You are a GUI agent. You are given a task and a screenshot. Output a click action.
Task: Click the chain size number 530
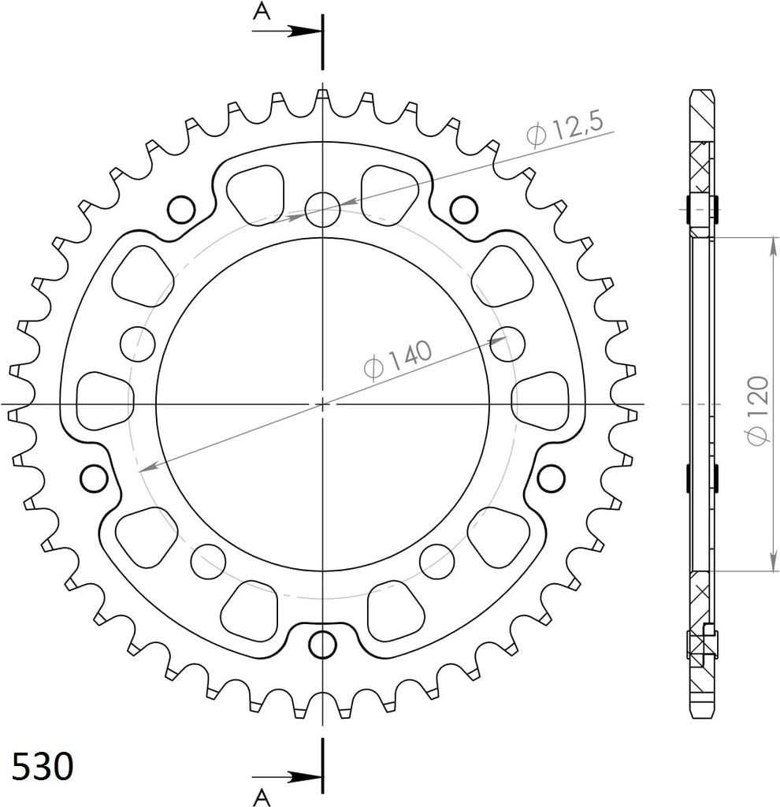click(x=43, y=765)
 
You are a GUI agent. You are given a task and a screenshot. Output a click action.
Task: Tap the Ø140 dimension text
click(x=398, y=359)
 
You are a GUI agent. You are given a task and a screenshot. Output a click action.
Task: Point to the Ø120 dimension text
click(x=757, y=410)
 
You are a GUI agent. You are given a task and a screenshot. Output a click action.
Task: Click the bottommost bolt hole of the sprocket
click(x=322, y=644)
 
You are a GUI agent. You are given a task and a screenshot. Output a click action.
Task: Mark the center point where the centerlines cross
click(x=322, y=403)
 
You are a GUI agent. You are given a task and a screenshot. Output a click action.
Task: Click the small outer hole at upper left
click(x=181, y=209)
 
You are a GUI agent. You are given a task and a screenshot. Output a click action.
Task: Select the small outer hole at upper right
click(x=464, y=209)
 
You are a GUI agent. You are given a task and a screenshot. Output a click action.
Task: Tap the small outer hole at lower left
click(x=94, y=477)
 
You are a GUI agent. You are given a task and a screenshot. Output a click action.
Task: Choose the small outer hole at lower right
click(x=551, y=477)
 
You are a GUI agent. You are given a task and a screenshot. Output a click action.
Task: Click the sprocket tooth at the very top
click(x=322, y=96)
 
